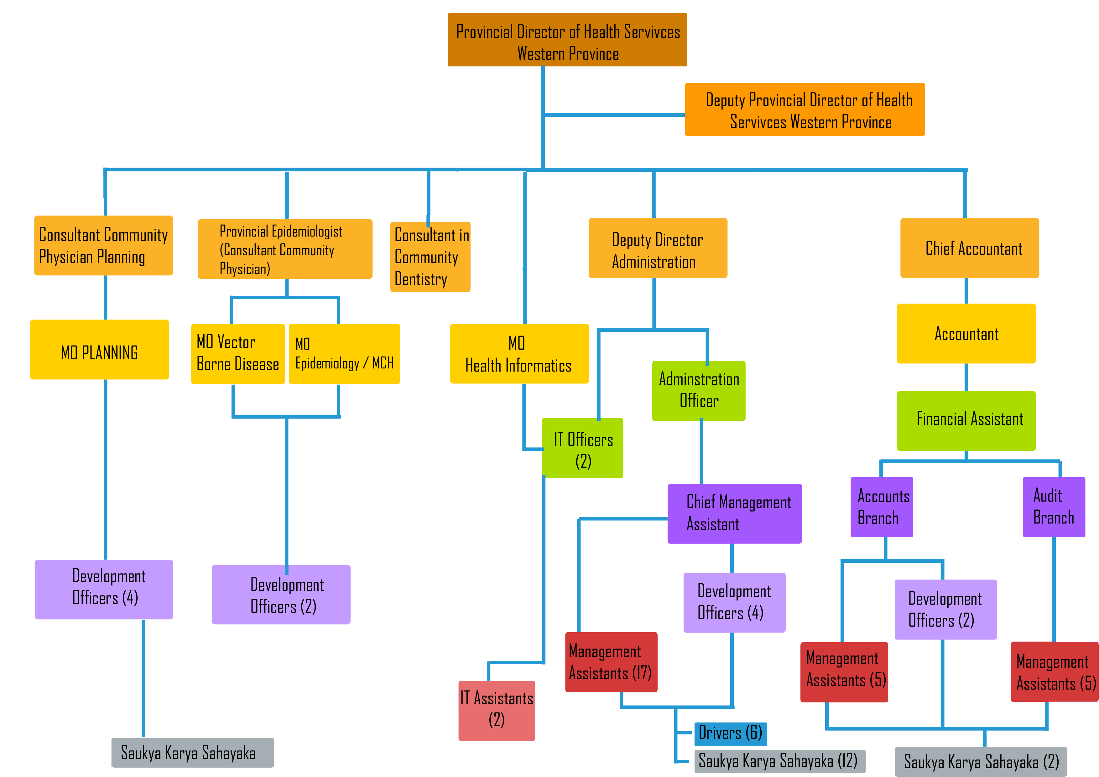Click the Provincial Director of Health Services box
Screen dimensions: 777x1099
tap(567, 40)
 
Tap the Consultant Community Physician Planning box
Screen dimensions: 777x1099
tap(103, 246)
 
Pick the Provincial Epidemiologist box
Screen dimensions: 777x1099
tap(285, 249)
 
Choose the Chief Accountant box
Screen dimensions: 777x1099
tap(969, 248)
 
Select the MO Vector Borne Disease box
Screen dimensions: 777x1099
tap(238, 354)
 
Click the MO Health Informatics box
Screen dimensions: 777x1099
tap(519, 354)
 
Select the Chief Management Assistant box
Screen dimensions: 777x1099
tap(734, 513)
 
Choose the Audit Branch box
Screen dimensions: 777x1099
tap(1054, 507)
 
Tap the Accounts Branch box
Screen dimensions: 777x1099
tap(882, 507)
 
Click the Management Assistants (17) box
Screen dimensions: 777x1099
tap(611, 662)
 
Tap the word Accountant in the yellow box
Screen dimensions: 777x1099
tap(966, 334)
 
